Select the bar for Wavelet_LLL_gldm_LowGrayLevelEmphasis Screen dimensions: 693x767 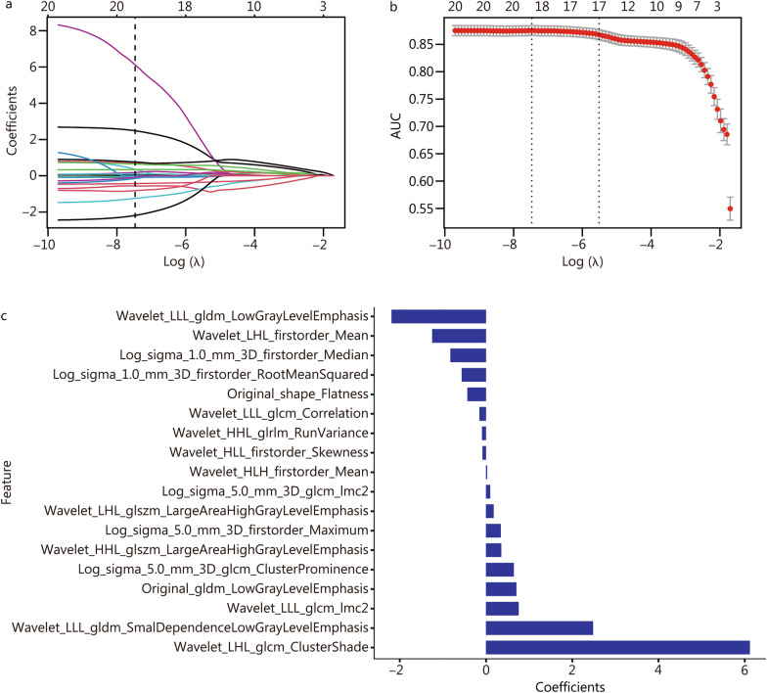tap(438, 316)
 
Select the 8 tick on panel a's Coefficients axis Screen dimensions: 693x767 tap(32, 31)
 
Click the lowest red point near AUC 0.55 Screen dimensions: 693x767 tap(730, 208)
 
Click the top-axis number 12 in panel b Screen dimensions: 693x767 tap(629, 9)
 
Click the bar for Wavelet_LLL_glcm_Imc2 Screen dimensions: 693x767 tap(502, 608)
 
